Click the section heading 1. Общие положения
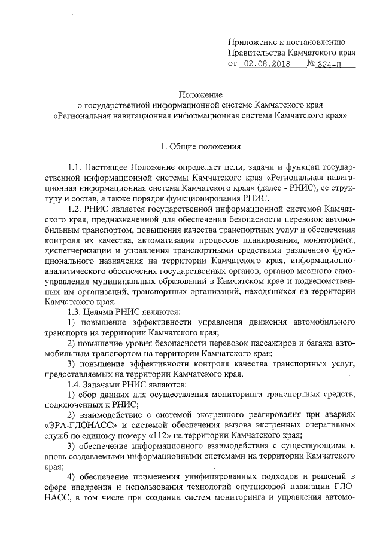(201, 146)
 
